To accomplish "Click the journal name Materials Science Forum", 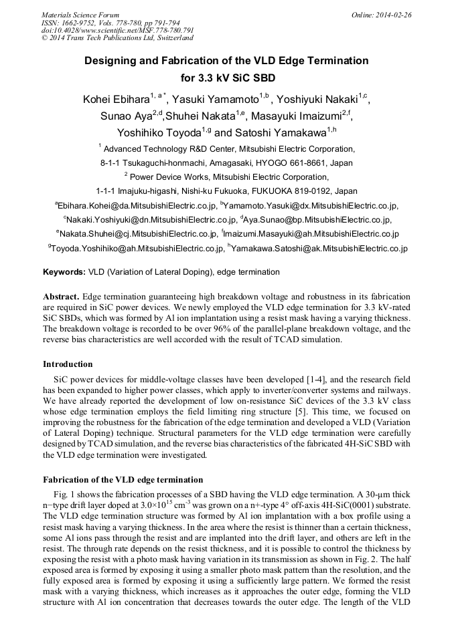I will [80, 15].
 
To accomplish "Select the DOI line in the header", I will [117, 31].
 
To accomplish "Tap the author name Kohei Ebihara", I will [116, 100].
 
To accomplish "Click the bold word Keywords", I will [64, 272].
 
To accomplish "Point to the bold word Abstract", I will [61, 295].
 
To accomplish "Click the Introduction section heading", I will [68, 364].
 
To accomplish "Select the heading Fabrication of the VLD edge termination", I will [123, 480].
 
